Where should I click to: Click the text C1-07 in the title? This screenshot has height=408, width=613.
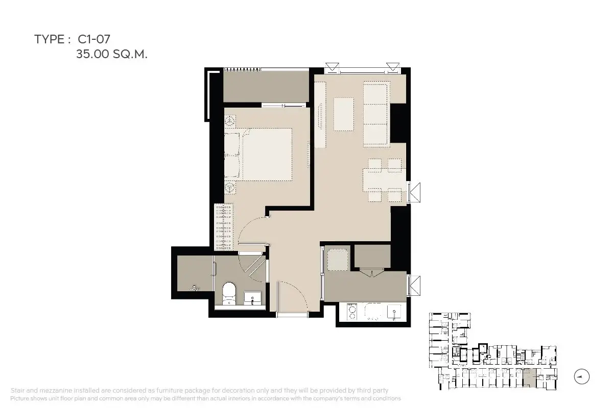(x=94, y=39)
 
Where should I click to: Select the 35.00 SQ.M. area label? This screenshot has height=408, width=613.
(x=112, y=54)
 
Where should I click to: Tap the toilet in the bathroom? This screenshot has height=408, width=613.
(x=229, y=293)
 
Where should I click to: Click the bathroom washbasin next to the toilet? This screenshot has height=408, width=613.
(x=252, y=298)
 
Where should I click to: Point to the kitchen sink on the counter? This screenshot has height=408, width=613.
(x=394, y=312)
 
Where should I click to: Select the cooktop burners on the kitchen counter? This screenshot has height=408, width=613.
(x=352, y=312)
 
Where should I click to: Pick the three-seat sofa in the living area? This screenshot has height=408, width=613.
(x=376, y=114)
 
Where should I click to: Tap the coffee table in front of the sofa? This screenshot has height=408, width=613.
(x=344, y=114)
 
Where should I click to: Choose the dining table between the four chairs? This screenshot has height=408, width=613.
(x=384, y=180)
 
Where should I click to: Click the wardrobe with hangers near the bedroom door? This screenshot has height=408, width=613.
(x=224, y=227)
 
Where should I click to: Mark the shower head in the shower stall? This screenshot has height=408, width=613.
(x=195, y=288)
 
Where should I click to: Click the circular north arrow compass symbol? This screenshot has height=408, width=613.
(x=581, y=376)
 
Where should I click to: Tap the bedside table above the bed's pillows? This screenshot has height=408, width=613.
(x=230, y=121)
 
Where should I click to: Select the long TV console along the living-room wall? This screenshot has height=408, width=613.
(x=320, y=115)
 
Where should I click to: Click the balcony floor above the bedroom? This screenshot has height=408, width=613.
(x=266, y=87)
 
